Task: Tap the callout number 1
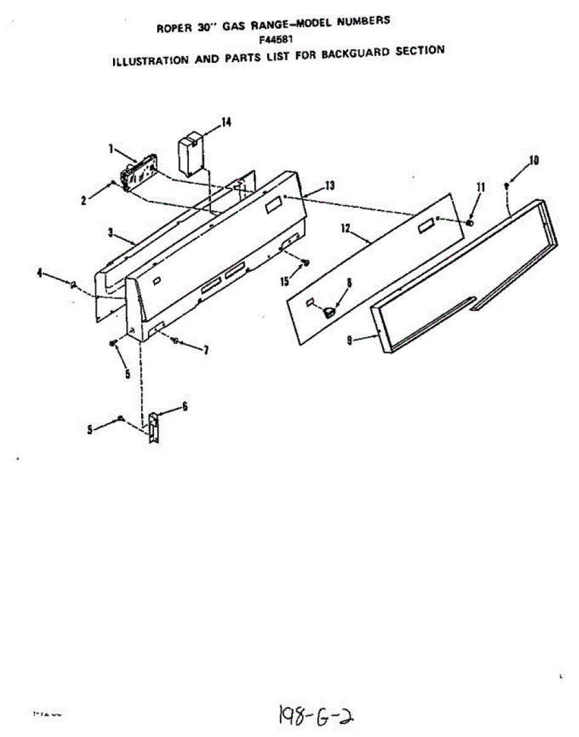coord(111,148)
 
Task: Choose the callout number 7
coord(206,350)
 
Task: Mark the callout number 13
coord(330,185)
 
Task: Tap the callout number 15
coord(284,281)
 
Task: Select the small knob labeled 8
coord(330,311)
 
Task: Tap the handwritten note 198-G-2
coord(317,715)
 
